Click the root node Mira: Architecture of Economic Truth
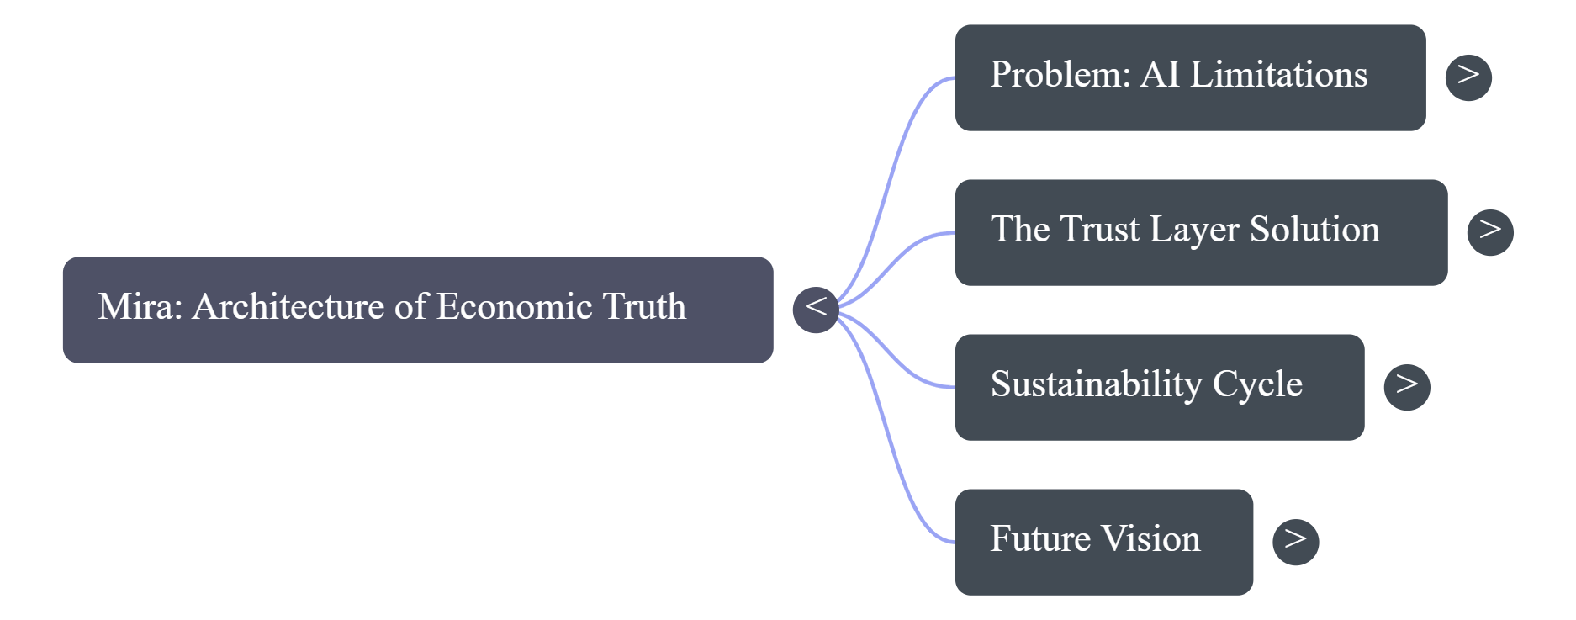click(x=417, y=310)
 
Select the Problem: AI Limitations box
click(x=1189, y=77)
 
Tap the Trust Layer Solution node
click(x=1200, y=232)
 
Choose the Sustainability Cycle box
click(x=1159, y=387)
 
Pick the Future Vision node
click(x=1103, y=542)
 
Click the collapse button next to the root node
click(x=816, y=309)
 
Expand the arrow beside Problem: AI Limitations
click(x=1468, y=77)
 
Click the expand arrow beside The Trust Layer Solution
click(x=1489, y=232)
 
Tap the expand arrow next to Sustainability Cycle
click(x=1407, y=387)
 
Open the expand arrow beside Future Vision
click(x=1295, y=542)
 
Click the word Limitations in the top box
click(x=1278, y=74)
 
